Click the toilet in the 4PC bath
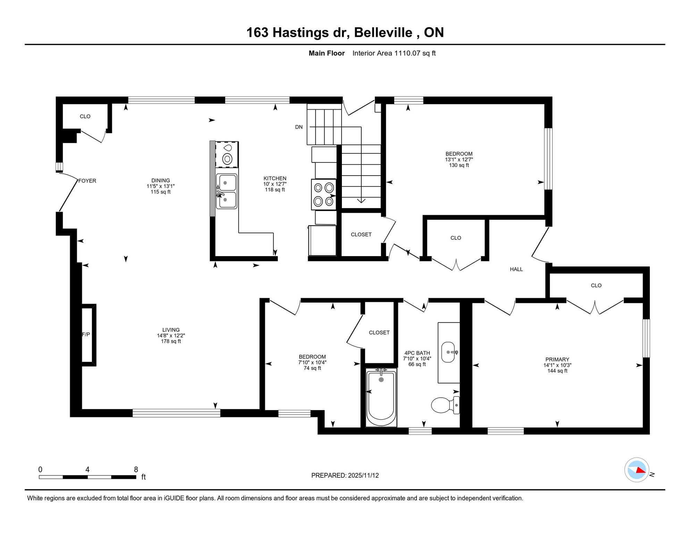click(445, 405)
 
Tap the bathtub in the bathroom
click(381, 398)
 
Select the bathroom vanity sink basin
click(448, 352)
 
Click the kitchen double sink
click(227, 191)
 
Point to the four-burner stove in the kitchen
click(323, 194)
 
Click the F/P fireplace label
click(86, 335)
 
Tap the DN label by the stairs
click(299, 127)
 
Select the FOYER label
click(87, 181)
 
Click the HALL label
click(516, 269)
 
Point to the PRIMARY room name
click(557, 359)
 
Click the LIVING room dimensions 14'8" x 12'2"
click(171, 336)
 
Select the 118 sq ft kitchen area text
click(275, 190)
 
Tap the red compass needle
click(641, 470)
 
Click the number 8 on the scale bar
click(136, 469)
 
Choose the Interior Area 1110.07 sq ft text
click(394, 53)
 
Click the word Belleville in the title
click(383, 33)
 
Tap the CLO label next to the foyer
click(85, 117)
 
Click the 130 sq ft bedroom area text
click(459, 165)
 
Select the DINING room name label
click(160, 180)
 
